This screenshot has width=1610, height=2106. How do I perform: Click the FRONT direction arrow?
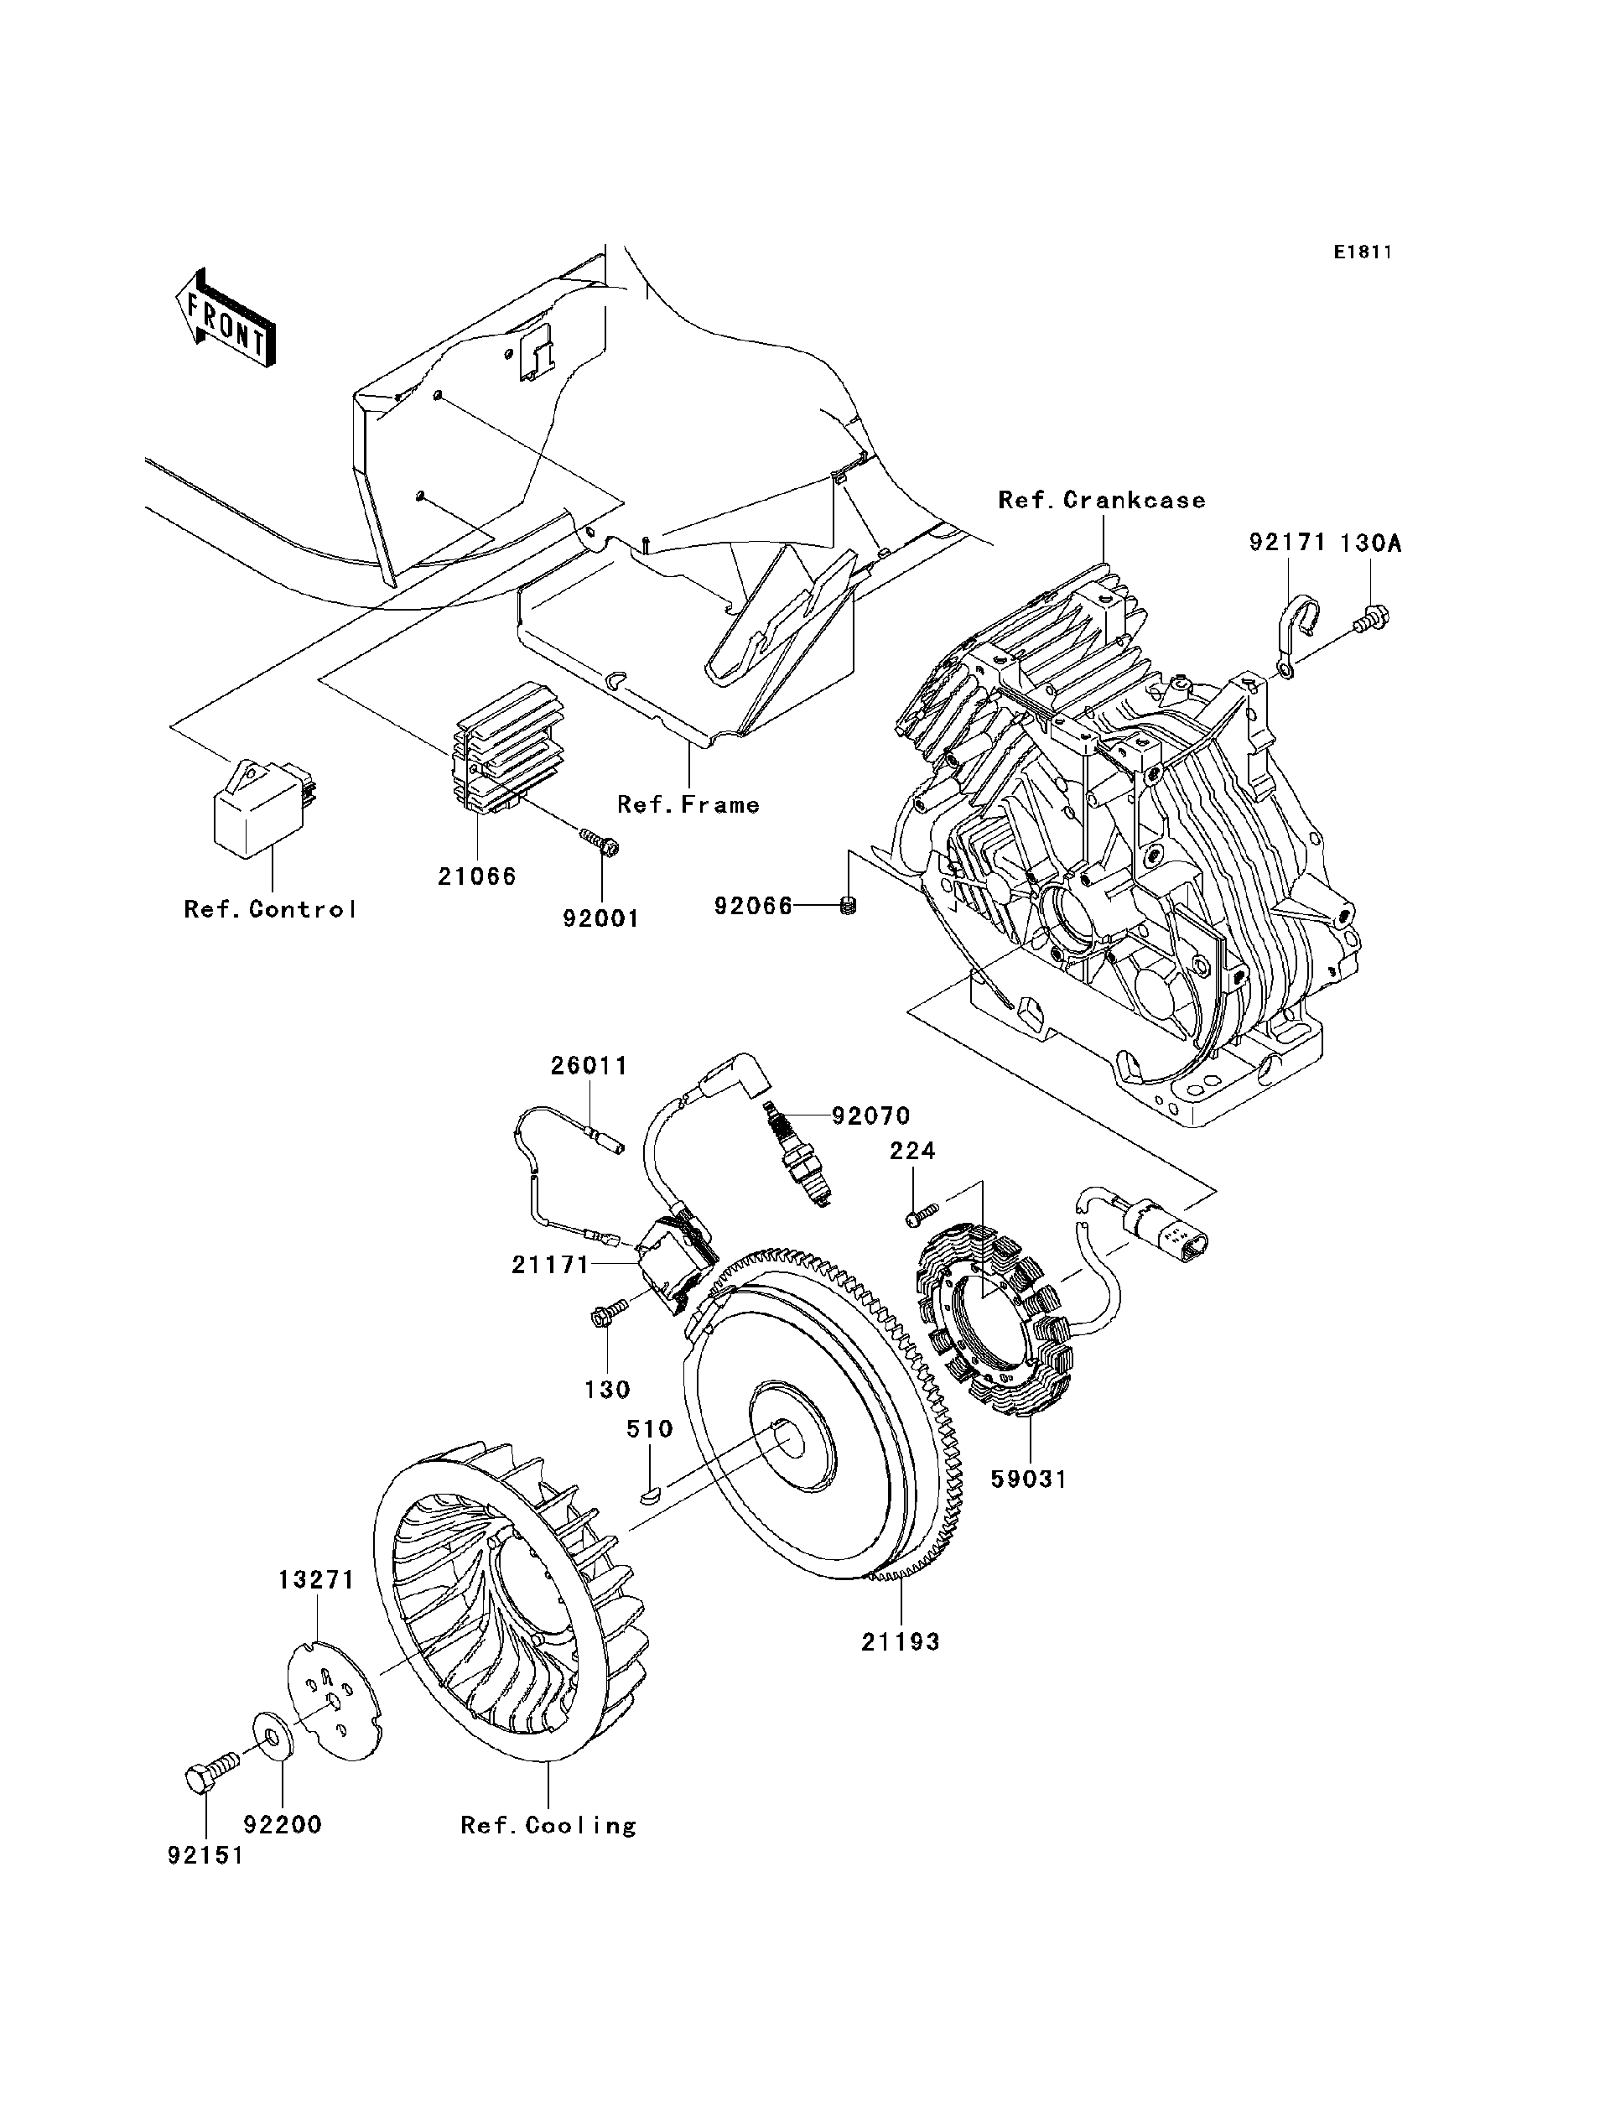(226, 320)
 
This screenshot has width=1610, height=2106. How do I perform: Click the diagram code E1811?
(1362, 252)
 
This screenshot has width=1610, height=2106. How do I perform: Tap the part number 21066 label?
(477, 876)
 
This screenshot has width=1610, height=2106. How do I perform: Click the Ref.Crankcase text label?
(1102, 501)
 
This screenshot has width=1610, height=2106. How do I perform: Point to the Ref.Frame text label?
(688, 805)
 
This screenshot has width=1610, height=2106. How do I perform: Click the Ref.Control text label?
(270, 910)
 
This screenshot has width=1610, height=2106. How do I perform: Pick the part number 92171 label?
(1287, 543)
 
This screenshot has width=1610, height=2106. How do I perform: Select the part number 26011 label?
(589, 1066)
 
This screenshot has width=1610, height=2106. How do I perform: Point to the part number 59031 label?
(1028, 1479)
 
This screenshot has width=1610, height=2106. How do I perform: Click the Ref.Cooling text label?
(548, 1826)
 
